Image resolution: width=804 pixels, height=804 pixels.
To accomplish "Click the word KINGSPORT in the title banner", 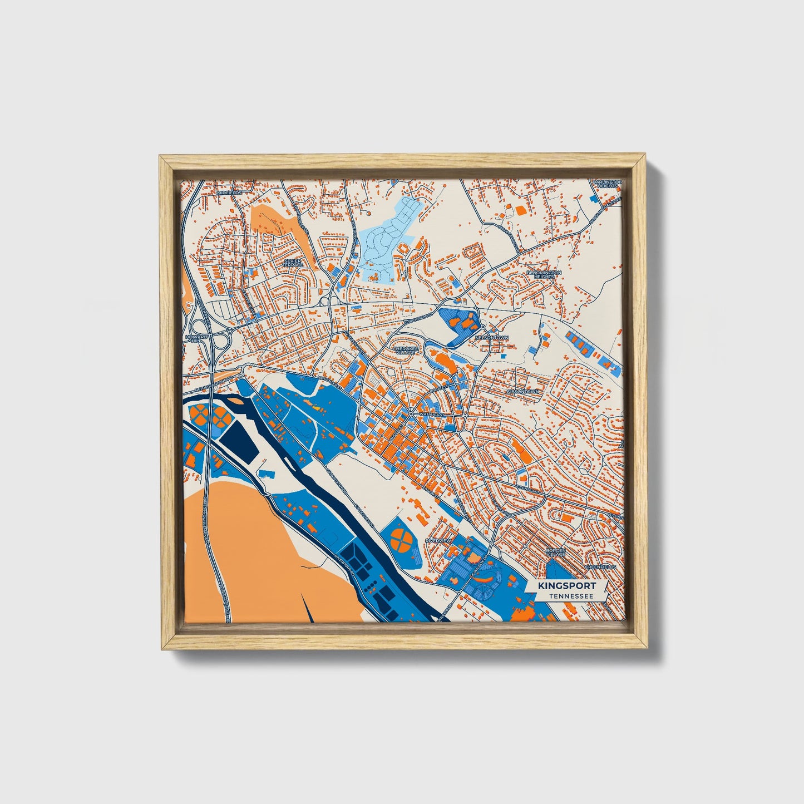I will tap(566, 586).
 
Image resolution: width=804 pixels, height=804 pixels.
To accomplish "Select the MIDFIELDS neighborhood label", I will tap(230, 193).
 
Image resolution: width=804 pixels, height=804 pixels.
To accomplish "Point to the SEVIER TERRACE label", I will tap(293, 262).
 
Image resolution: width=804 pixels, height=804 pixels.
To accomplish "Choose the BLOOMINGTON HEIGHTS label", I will tap(544, 275).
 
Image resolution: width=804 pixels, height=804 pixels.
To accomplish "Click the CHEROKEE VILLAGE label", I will tap(405, 350).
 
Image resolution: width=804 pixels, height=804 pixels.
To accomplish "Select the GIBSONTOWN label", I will tap(522, 392).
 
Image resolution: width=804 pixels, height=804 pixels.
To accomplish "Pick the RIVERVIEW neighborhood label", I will tap(437, 540).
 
